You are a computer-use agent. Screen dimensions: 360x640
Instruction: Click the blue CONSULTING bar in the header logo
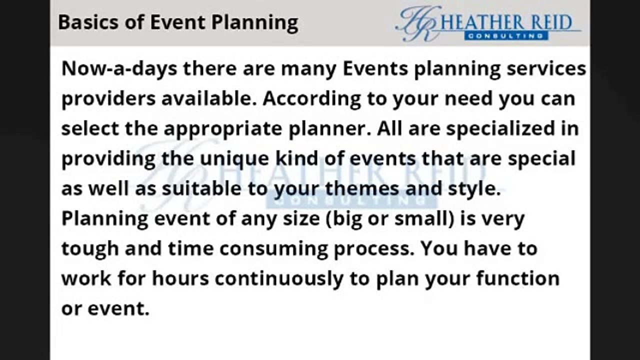click(x=506, y=36)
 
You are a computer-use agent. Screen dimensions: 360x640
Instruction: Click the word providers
click(x=108, y=98)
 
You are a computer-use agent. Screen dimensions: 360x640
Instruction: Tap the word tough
click(x=89, y=248)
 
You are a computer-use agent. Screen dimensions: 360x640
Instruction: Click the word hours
click(x=180, y=278)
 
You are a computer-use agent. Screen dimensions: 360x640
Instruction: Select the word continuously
click(x=279, y=278)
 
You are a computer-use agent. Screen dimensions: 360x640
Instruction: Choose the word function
click(x=517, y=278)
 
